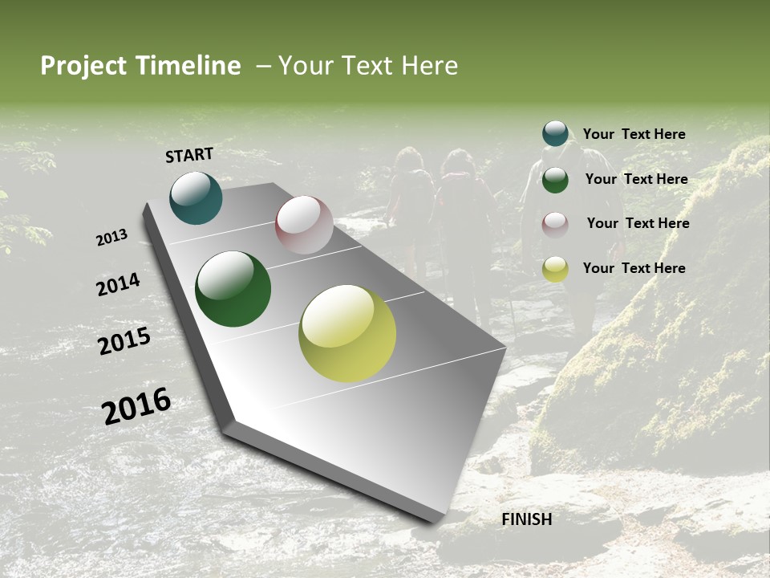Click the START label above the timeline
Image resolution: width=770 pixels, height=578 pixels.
click(x=189, y=155)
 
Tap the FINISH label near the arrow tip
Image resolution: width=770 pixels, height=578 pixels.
click(x=526, y=519)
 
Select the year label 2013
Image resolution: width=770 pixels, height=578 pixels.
click(x=111, y=238)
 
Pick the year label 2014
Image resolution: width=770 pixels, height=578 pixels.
click(x=118, y=284)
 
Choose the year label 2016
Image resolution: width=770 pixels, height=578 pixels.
click(x=136, y=406)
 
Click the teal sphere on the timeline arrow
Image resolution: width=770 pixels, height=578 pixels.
click(x=196, y=198)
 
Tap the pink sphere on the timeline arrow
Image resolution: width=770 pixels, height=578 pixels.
click(x=304, y=225)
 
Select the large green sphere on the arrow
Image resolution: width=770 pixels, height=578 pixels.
click(x=233, y=289)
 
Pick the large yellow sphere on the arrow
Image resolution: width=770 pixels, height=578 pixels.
click(x=347, y=332)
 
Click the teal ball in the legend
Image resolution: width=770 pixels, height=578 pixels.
click(x=555, y=134)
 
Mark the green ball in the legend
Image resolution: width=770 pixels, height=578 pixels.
click(x=555, y=180)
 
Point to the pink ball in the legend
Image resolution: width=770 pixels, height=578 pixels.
click(x=555, y=224)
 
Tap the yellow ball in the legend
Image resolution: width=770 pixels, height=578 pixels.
click(x=555, y=269)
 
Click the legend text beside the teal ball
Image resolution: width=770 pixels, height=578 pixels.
click(x=634, y=134)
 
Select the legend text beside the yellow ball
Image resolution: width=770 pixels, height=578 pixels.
click(x=634, y=268)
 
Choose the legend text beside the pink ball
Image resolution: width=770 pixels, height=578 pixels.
click(x=638, y=223)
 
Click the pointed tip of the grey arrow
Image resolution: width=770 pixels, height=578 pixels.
click(x=437, y=520)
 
